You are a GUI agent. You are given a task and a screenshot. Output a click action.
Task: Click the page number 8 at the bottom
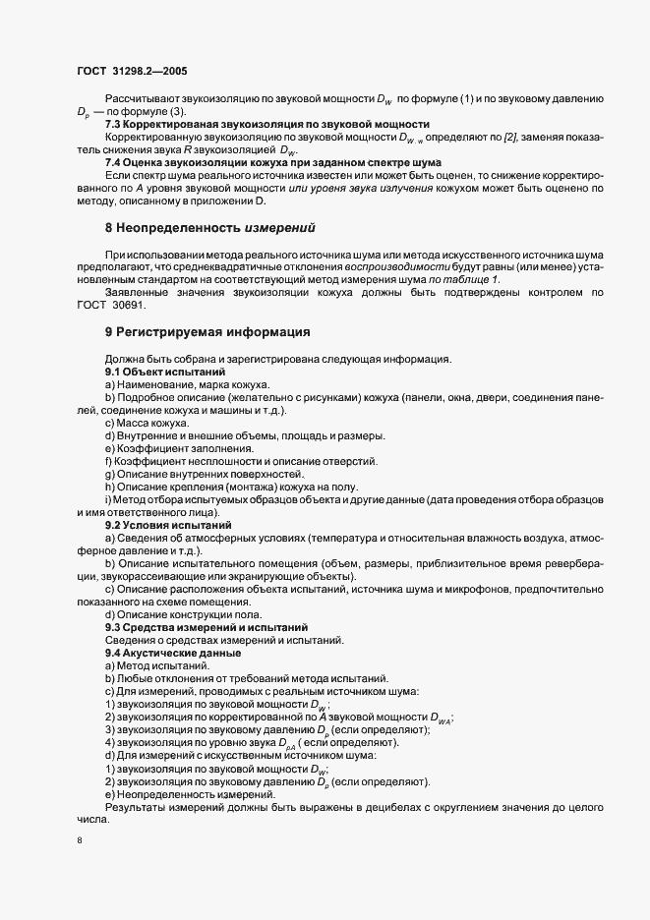(x=81, y=842)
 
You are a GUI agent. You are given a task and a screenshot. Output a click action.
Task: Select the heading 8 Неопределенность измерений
(x=209, y=227)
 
